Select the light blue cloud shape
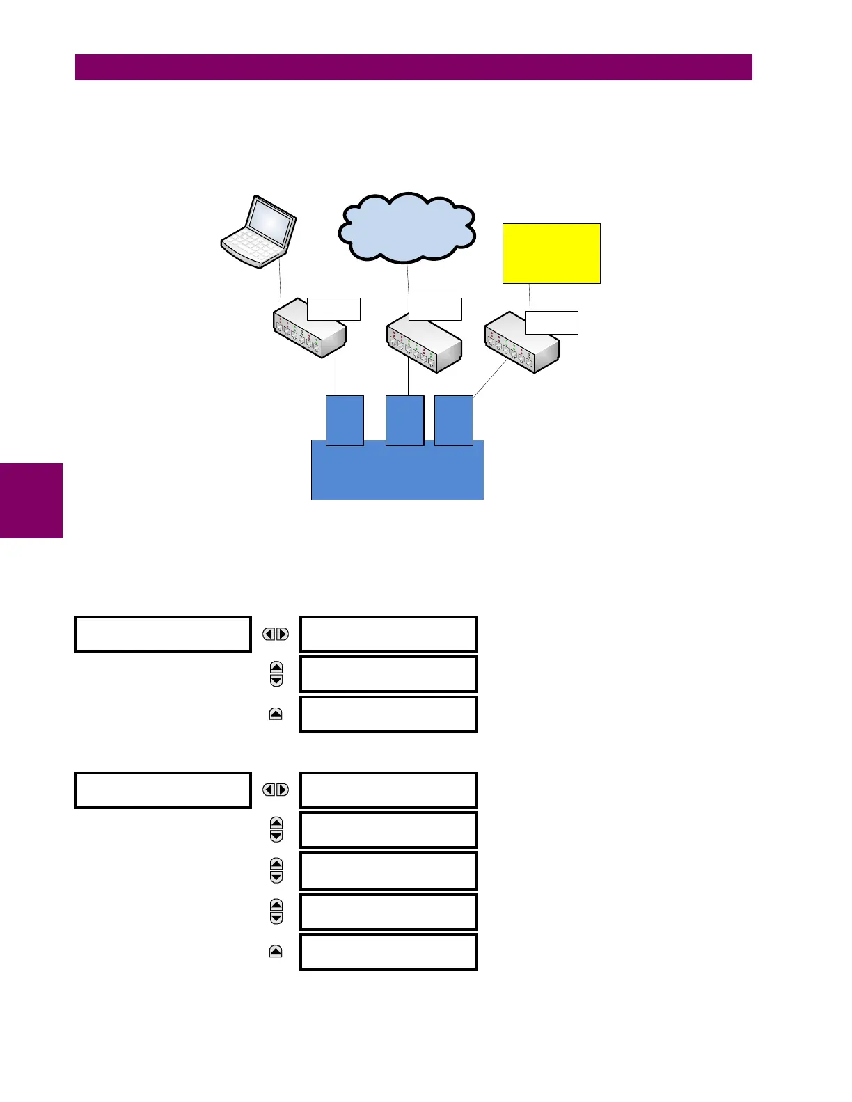click(x=407, y=228)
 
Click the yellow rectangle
click(x=551, y=253)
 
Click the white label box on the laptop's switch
click(x=333, y=309)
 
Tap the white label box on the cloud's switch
click(x=435, y=309)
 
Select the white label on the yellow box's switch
click(x=551, y=323)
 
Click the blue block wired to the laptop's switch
click(x=345, y=420)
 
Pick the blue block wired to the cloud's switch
click(x=404, y=420)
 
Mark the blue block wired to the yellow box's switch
click(x=454, y=420)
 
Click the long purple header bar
click(x=413, y=67)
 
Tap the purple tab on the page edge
click(x=31, y=501)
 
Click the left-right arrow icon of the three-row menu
click(x=276, y=634)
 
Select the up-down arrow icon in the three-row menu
click(x=276, y=673)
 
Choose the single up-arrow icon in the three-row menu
click(x=276, y=714)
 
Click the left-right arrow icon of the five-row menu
click(x=276, y=790)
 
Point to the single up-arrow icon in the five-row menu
click(x=276, y=952)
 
